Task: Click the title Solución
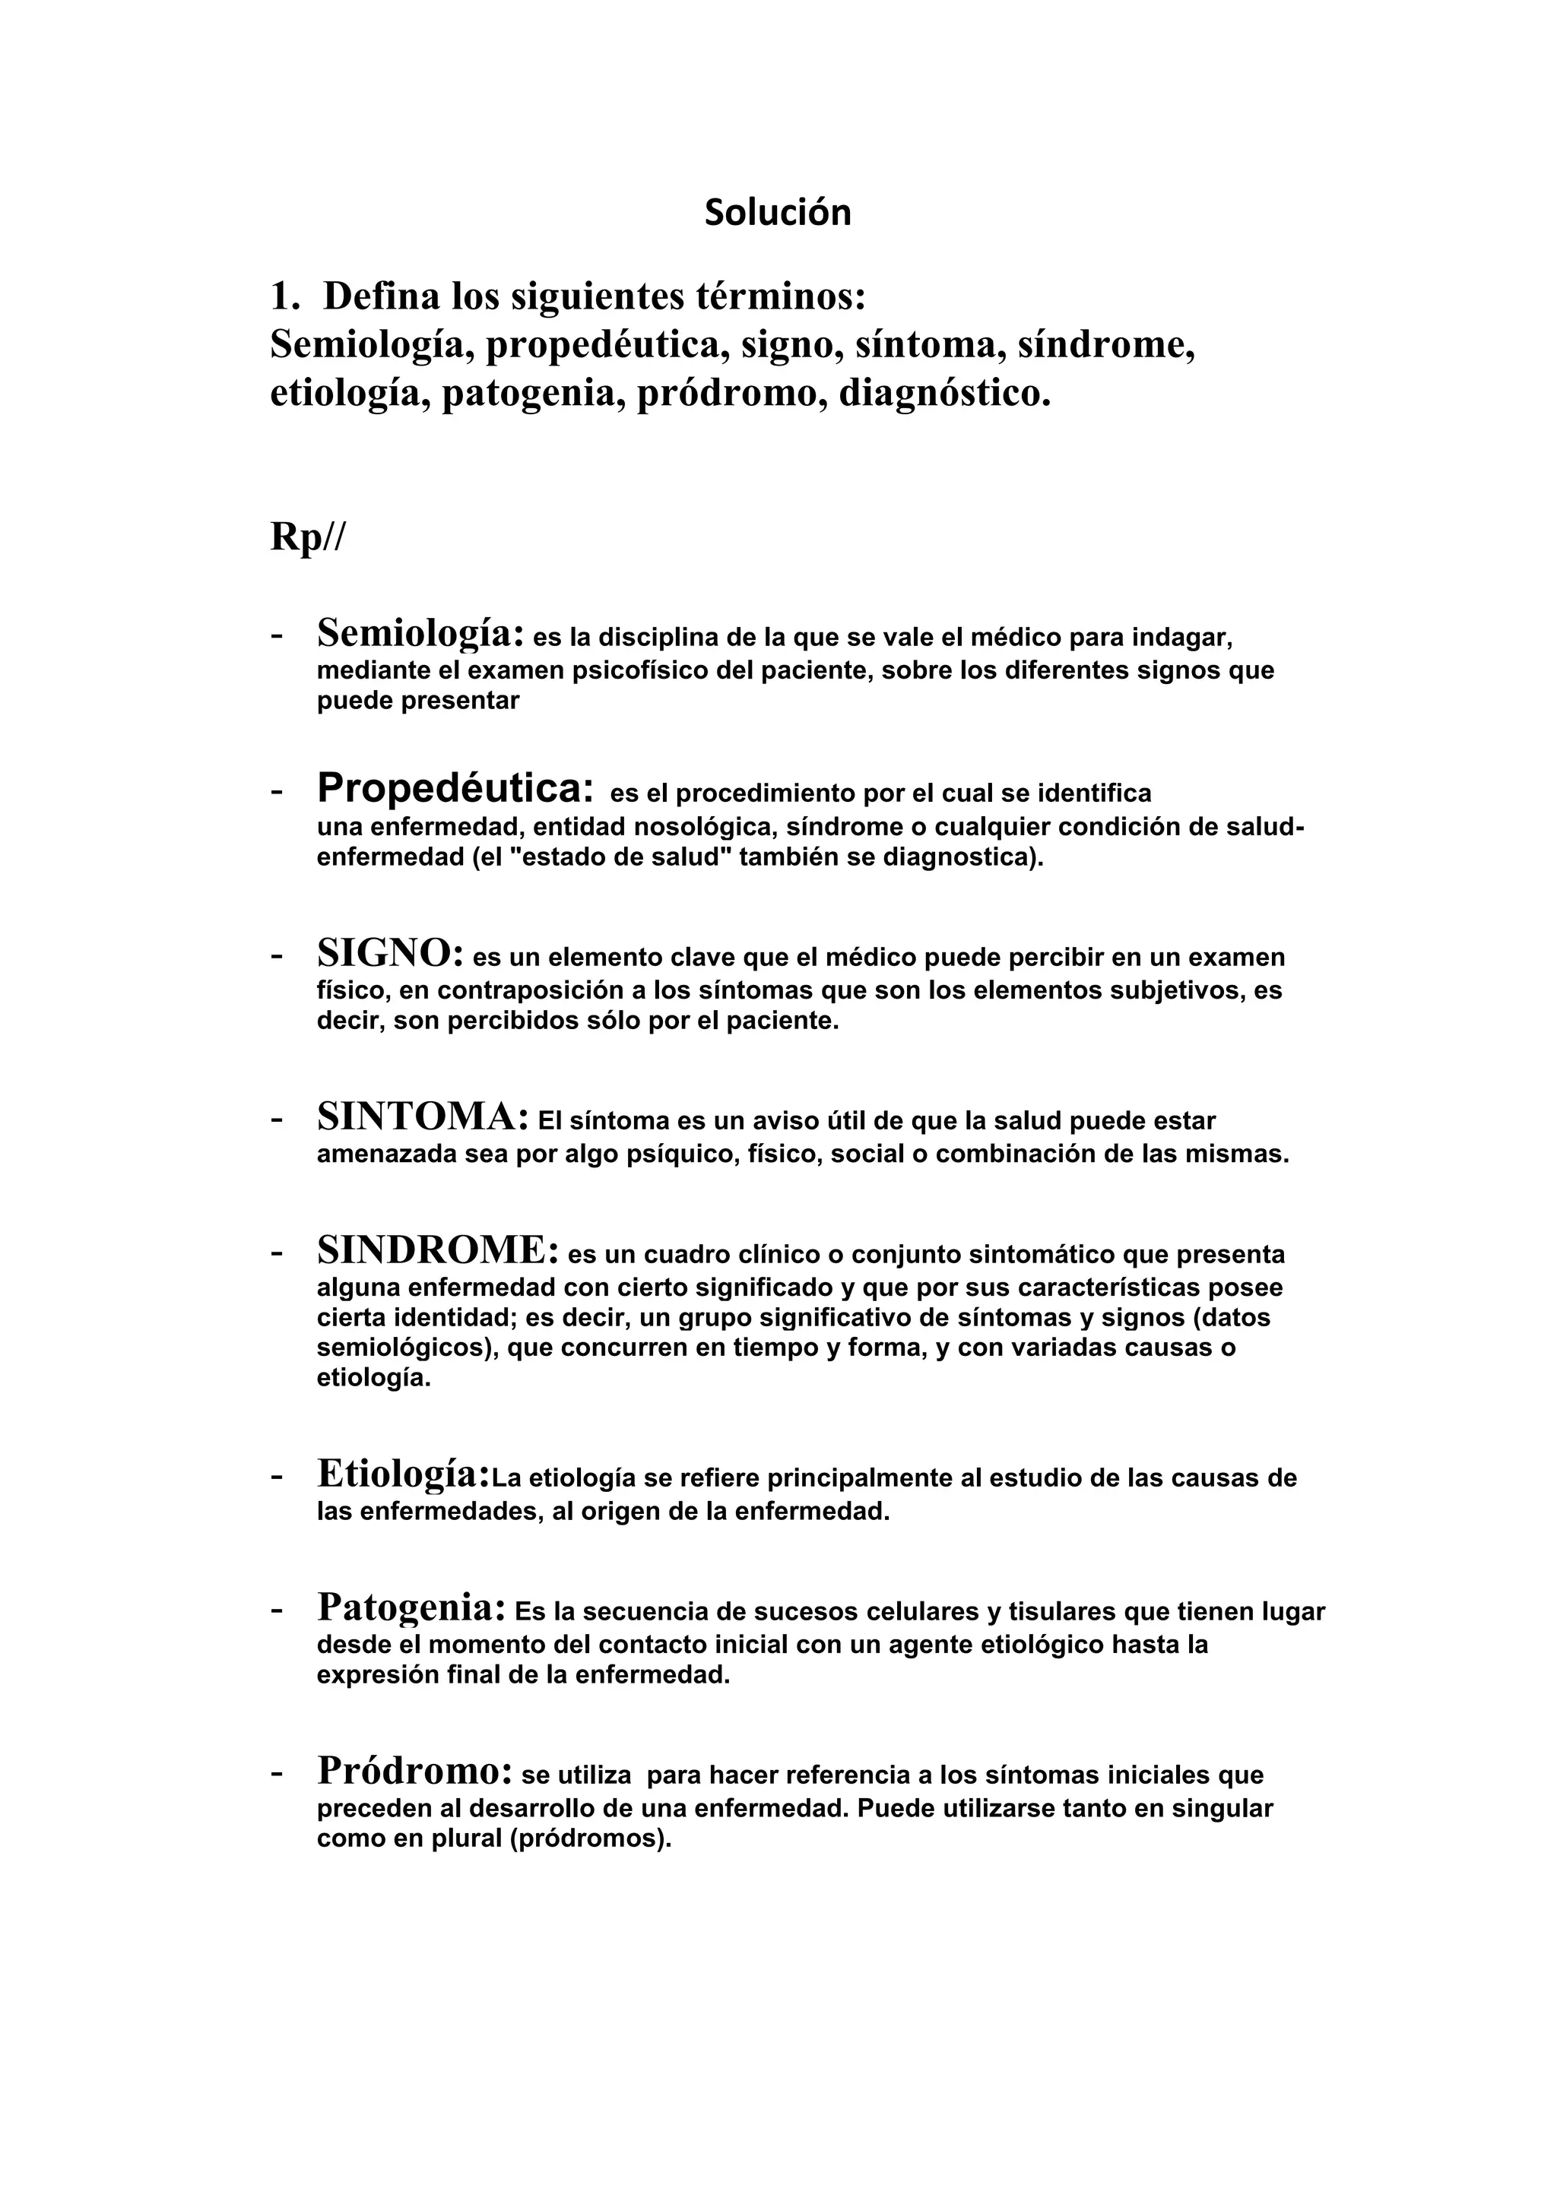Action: click(778, 213)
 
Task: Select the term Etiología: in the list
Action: click(404, 1474)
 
